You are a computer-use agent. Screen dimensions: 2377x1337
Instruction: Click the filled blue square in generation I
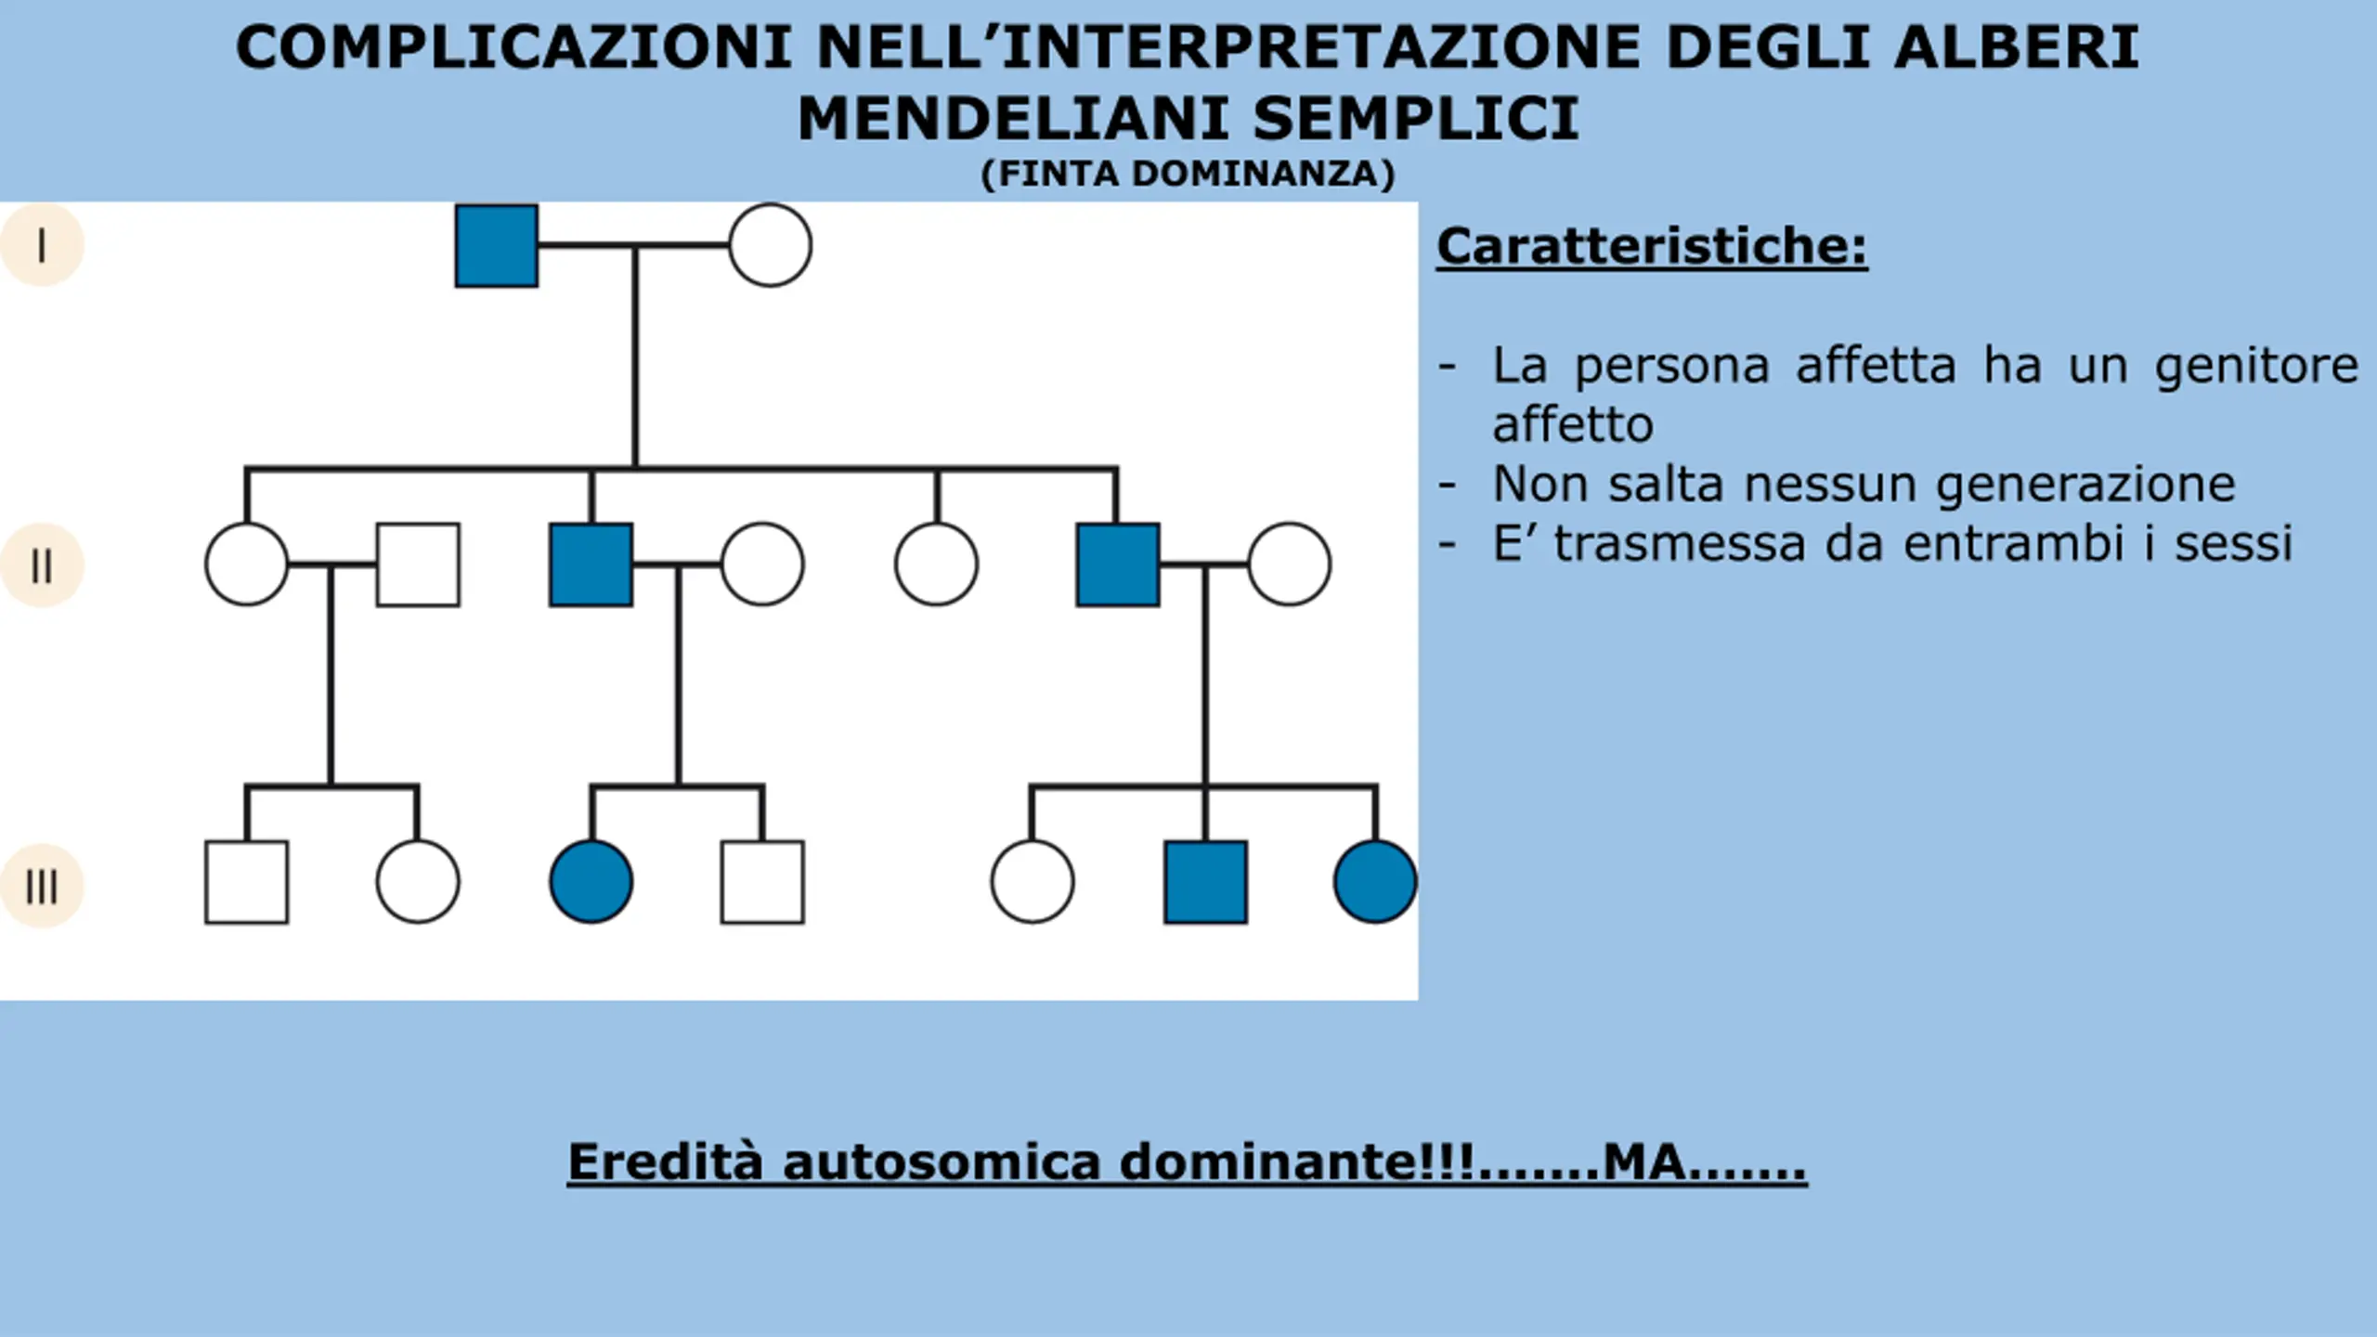pyautogui.click(x=497, y=246)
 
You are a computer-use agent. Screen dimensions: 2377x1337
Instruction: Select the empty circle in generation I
pyautogui.click(x=770, y=246)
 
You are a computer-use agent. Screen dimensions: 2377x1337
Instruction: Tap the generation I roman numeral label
pyautogui.click(x=42, y=246)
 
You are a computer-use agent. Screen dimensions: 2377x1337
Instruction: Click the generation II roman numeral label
pyautogui.click(x=42, y=565)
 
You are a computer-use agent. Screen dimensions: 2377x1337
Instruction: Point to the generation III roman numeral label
pyautogui.click(x=42, y=886)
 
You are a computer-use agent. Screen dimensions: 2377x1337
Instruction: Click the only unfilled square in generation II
pyautogui.click(x=418, y=565)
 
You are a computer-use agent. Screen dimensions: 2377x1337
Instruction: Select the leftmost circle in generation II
pyautogui.click(x=246, y=565)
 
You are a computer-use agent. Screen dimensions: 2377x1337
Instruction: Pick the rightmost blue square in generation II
pyautogui.click(x=1118, y=565)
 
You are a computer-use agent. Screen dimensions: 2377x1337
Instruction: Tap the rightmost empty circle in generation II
pyautogui.click(x=1289, y=565)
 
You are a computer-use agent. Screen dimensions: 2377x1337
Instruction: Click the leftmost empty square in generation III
pyautogui.click(x=246, y=882)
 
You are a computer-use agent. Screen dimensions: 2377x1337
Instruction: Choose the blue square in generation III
pyautogui.click(x=1205, y=882)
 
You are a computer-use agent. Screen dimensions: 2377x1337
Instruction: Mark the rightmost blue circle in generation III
pyautogui.click(x=1375, y=882)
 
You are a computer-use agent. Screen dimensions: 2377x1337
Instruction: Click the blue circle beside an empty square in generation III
pyautogui.click(x=591, y=882)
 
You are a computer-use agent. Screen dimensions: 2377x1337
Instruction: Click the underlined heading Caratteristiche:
pyautogui.click(x=1651, y=247)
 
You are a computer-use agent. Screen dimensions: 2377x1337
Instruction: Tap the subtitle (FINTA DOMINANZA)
pyautogui.click(x=1188, y=175)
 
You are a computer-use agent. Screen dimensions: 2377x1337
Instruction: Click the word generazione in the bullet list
pyautogui.click(x=2085, y=485)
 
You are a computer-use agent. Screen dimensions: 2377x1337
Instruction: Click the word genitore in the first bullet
pyautogui.click(x=2255, y=366)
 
